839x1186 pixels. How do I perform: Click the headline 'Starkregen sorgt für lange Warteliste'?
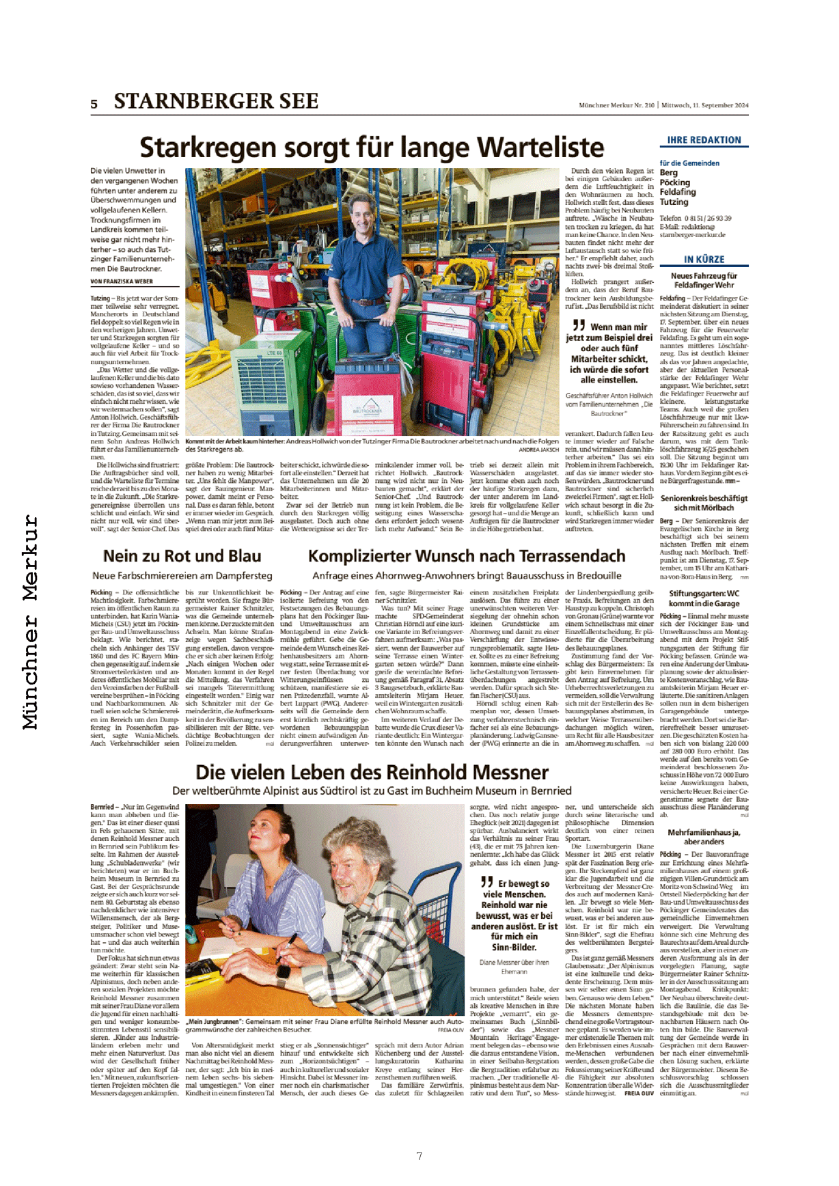tap(372, 148)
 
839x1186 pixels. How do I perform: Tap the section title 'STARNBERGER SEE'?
tap(216, 101)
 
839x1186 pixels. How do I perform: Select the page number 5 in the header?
tap(94, 104)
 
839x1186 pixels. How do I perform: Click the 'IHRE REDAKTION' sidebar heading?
tap(704, 140)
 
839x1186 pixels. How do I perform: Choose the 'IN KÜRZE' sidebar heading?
tap(704, 260)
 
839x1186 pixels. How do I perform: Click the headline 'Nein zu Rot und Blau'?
tap(182, 556)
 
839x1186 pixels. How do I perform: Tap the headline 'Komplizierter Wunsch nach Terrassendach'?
tap(467, 556)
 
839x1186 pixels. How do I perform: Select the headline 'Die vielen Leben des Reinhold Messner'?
tap(372, 772)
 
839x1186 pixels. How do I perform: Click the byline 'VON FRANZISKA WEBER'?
tap(122, 281)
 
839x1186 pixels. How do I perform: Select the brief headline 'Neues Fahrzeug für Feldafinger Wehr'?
tap(704, 280)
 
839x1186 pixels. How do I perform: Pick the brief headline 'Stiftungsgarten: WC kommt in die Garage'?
tap(704, 598)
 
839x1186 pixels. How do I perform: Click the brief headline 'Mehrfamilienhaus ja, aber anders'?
tap(704, 837)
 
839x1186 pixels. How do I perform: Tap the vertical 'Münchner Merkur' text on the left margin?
tap(31, 622)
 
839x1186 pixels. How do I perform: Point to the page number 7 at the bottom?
tap(419, 1156)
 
